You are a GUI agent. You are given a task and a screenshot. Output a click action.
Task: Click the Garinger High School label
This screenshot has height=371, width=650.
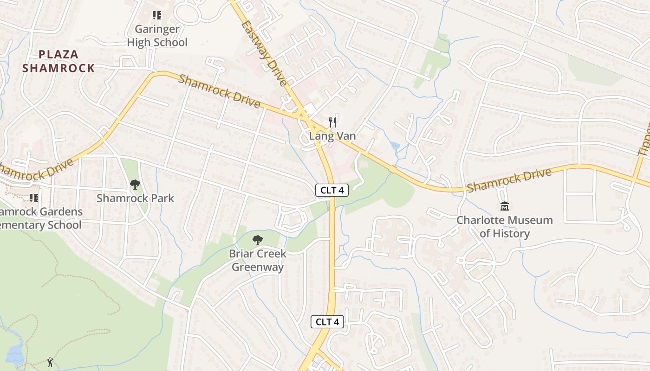pos(157,36)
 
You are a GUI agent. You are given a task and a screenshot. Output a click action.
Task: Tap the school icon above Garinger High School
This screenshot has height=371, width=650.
pos(157,16)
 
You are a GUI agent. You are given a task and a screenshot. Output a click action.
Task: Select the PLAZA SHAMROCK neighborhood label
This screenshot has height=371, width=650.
pos(58,61)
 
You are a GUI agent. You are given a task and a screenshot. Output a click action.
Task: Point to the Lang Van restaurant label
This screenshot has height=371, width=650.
pos(332,136)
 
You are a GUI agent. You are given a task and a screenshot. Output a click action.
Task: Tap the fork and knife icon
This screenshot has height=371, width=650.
pos(332,122)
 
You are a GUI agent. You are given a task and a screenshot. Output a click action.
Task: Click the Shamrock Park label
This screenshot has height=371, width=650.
pos(135,198)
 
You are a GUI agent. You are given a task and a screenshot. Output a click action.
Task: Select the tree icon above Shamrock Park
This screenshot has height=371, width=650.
pos(135,185)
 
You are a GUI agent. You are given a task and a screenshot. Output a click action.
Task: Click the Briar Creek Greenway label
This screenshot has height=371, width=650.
pos(258,260)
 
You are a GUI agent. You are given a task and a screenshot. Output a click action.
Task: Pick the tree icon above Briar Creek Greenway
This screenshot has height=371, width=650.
pos(257,240)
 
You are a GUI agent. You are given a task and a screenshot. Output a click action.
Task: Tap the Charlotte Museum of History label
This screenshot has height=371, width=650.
pos(505,226)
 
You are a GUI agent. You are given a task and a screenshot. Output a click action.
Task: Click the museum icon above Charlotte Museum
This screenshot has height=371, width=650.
pos(505,206)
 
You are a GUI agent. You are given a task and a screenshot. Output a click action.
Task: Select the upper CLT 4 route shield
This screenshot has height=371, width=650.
pos(332,190)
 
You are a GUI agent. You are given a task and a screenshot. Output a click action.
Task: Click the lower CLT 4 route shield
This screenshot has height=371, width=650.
pos(327,322)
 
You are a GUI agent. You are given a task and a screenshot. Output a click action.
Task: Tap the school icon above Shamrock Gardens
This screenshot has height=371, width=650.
pos(34,198)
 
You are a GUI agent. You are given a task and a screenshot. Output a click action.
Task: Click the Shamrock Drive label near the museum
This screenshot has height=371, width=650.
pos(509,180)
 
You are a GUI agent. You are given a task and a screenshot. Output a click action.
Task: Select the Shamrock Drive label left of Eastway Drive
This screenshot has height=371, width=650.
pos(219,91)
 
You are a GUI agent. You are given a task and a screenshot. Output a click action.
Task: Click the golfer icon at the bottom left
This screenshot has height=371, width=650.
pos(50,361)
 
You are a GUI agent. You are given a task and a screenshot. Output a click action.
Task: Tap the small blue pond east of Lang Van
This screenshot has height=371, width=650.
pos(395,146)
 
